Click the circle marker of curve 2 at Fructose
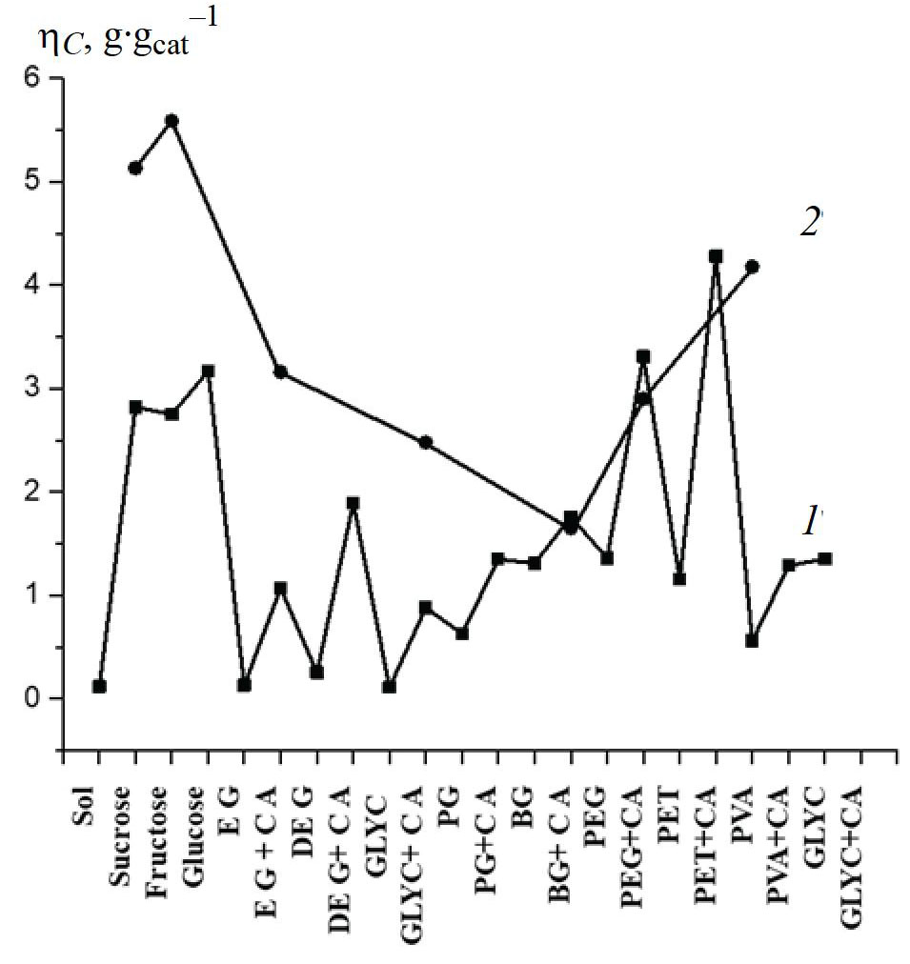(x=172, y=121)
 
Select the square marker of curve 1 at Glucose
(x=208, y=371)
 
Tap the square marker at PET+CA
(x=716, y=256)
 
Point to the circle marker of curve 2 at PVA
(x=752, y=267)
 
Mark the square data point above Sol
(x=99, y=686)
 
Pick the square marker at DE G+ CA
(x=353, y=503)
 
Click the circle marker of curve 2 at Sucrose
(x=135, y=168)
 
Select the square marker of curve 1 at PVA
(x=752, y=641)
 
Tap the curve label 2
(x=809, y=222)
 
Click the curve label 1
(x=809, y=520)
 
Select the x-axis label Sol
(x=85, y=806)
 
